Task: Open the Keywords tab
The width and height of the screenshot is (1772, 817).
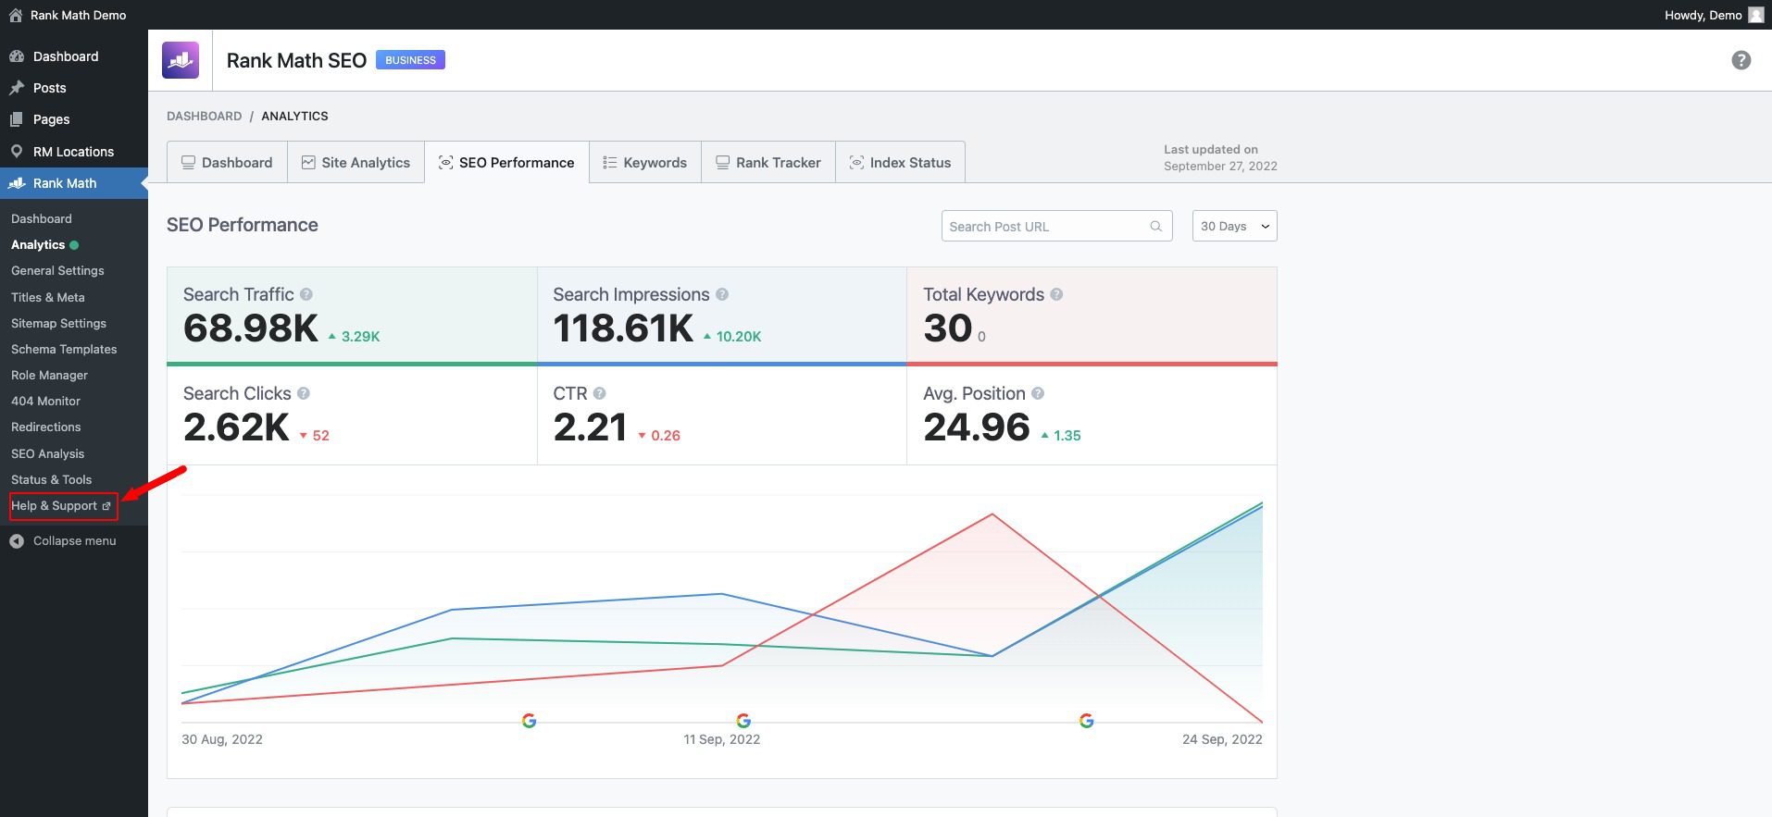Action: (645, 163)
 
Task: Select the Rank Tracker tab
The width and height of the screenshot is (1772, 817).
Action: (768, 163)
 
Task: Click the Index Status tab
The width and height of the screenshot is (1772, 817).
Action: (900, 163)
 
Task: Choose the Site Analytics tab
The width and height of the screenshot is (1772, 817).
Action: (356, 163)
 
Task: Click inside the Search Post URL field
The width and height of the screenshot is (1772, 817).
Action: (1046, 227)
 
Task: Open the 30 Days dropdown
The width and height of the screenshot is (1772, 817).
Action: (1234, 227)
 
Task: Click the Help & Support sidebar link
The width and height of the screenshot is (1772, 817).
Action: (61, 506)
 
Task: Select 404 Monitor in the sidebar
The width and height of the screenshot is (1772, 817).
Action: (45, 402)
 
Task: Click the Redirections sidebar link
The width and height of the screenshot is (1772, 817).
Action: (45, 427)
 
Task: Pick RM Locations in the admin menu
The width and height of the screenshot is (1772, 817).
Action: (73, 152)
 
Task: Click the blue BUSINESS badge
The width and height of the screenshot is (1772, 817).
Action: (410, 60)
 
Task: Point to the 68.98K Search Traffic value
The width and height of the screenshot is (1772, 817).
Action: (250, 328)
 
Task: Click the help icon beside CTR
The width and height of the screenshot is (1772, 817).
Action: (599, 393)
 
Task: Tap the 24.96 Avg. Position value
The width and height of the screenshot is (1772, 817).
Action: (976, 427)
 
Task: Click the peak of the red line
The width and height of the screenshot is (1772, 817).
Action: (992, 514)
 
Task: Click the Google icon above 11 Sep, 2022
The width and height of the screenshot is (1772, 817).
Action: (743, 721)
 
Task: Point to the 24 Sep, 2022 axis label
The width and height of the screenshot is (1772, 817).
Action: (1221, 739)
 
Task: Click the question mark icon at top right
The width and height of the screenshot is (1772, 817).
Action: (1741, 60)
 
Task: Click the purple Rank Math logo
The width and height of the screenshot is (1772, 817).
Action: (181, 60)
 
